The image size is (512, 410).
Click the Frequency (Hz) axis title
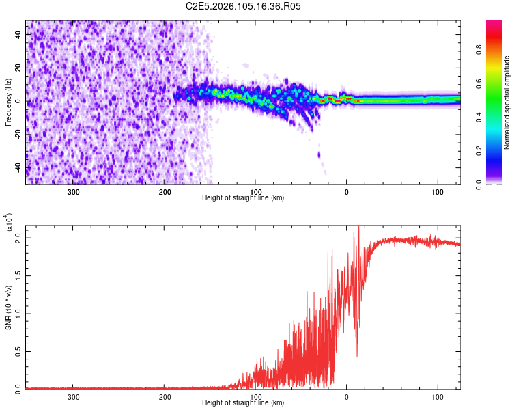[x=9, y=102]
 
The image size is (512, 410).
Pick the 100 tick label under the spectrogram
[x=437, y=191]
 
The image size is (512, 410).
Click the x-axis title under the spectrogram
[x=243, y=198]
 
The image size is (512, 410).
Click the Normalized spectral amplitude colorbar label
[x=507, y=102]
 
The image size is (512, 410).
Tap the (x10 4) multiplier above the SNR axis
[x=9, y=221]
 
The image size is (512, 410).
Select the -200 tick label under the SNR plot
[x=164, y=396]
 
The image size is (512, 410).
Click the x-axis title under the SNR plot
[x=243, y=403]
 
